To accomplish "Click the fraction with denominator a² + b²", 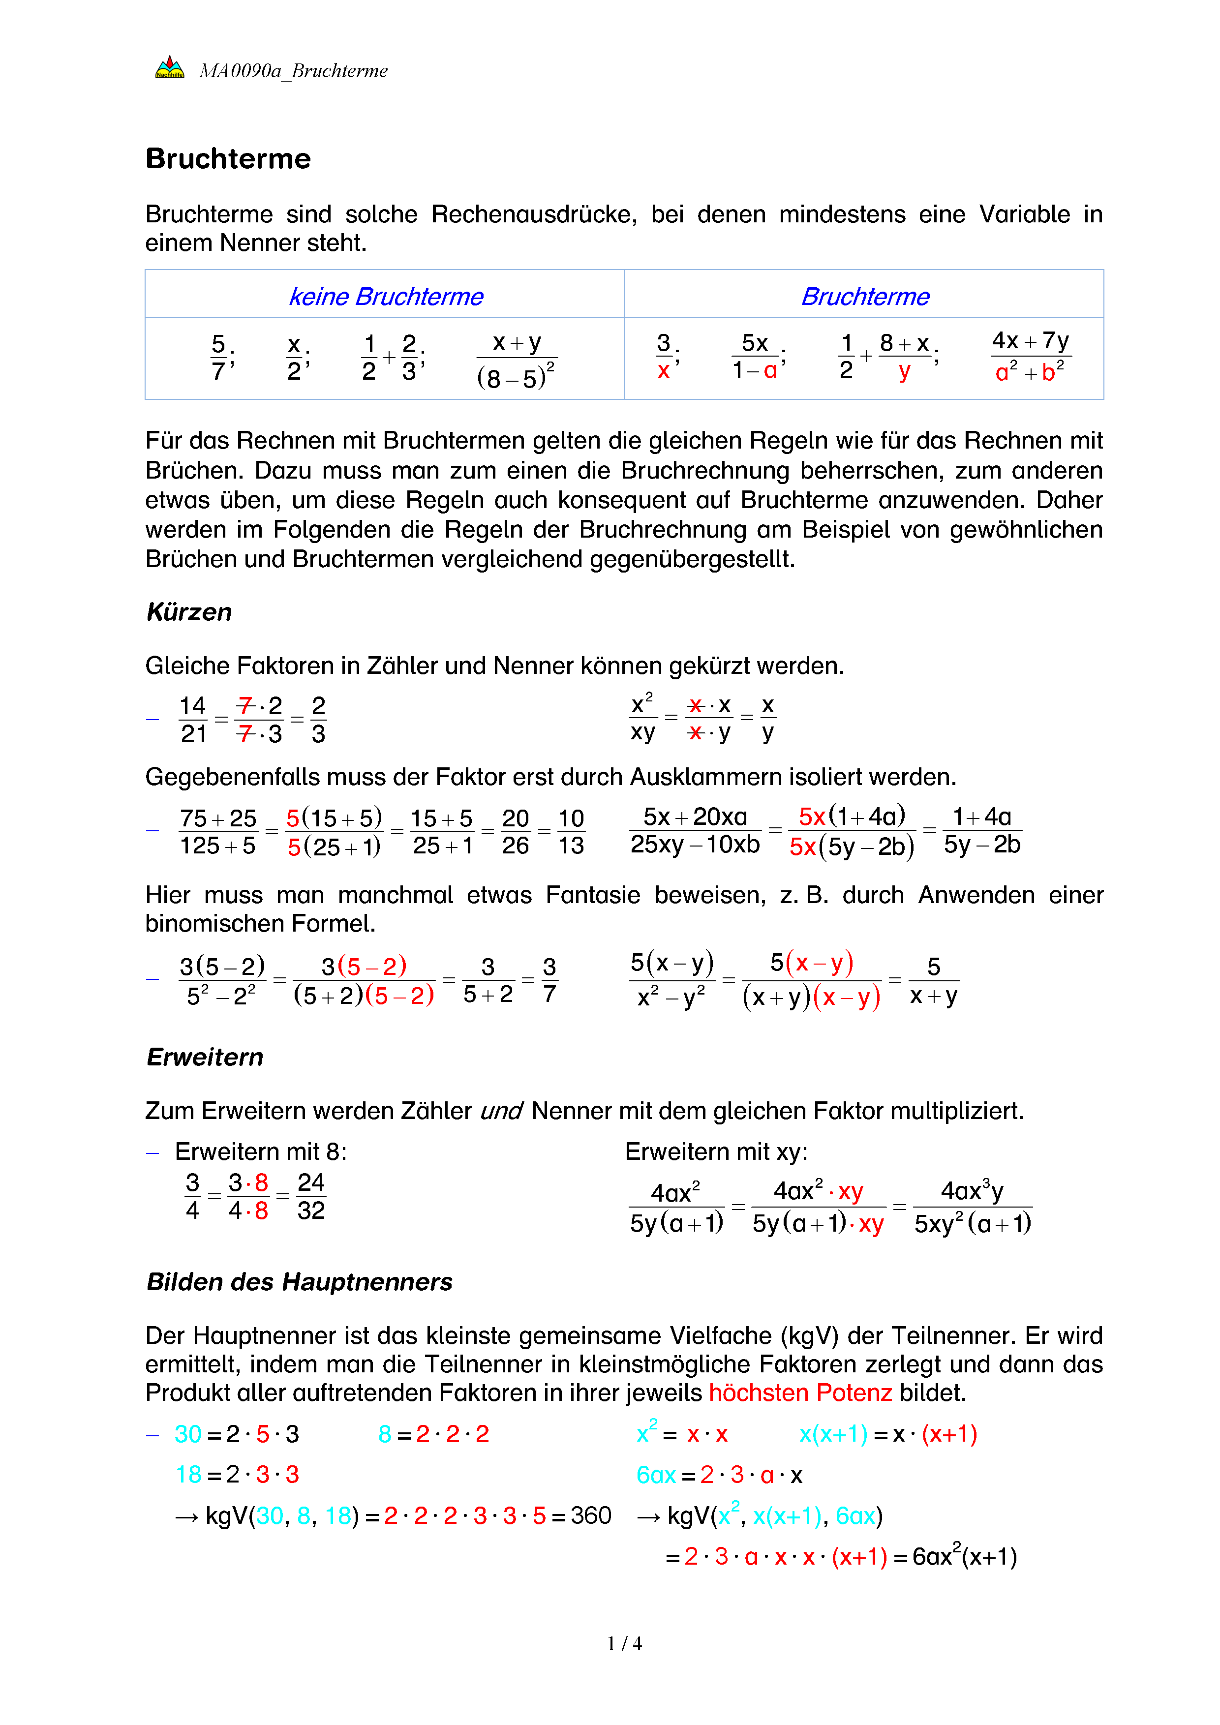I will (x=1030, y=357).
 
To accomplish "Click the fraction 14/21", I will (x=193, y=720).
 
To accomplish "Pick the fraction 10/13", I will (x=571, y=832).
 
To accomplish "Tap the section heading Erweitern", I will (x=205, y=1057).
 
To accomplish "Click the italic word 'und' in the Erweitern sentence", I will (x=501, y=1111).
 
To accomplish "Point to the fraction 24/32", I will (x=311, y=1196).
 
